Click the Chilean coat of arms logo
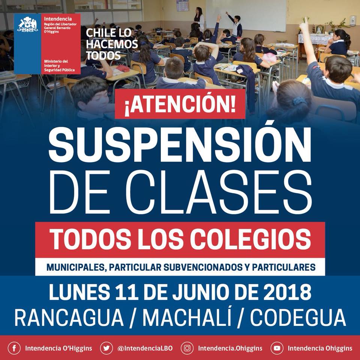(27, 24)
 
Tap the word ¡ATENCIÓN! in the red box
(180, 104)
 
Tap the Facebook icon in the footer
(14, 348)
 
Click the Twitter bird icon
(106, 348)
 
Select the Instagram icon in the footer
(187, 348)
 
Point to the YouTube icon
(277, 348)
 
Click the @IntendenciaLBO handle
(145, 348)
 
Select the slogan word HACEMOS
(112, 44)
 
